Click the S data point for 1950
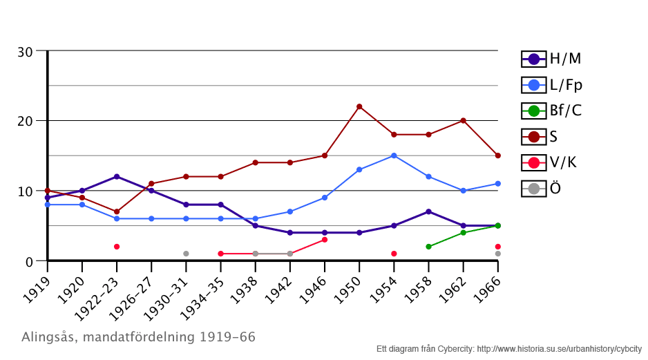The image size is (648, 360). [359, 106]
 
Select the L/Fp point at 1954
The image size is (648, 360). [394, 155]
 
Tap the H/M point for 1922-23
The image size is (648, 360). [117, 177]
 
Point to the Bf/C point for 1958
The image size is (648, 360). [428, 247]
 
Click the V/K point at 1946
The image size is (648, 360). [325, 240]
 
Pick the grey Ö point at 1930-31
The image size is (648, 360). [186, 254]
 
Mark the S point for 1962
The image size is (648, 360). [463, 120]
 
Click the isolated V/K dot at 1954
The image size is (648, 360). [394, 254]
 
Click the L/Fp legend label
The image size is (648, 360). [566, 85]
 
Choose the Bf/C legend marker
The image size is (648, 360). [533, 111]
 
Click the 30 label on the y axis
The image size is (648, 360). [25, 52]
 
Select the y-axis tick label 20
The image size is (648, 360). [25, 121]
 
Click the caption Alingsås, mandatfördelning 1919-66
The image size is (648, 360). [138, 338]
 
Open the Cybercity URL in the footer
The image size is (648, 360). [560, 349]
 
